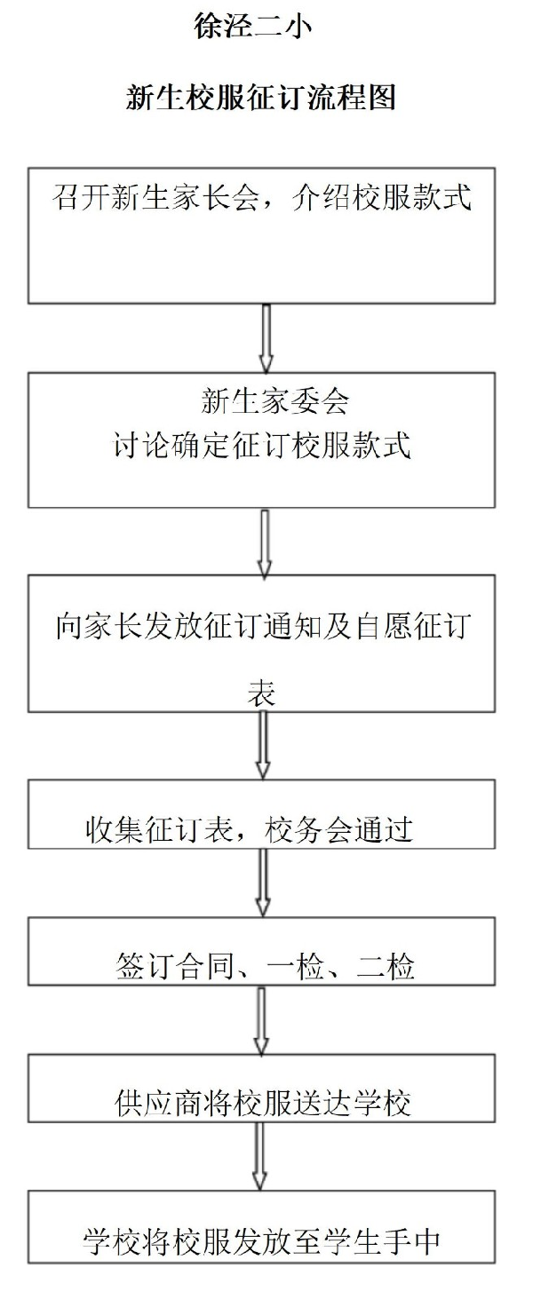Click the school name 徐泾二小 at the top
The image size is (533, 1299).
(253, 27)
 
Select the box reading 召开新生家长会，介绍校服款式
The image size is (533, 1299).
(261, 235)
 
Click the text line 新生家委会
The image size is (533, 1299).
(274, 401)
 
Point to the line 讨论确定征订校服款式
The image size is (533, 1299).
(262, 446)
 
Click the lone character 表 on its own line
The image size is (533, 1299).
(261, 693)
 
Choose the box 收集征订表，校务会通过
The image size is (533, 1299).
(261, 814)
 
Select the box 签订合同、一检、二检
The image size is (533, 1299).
(261, 951)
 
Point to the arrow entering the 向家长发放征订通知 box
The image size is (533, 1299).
(265, 544)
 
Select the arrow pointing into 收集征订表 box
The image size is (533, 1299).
(263, 746)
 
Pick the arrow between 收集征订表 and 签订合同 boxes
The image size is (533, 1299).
(263, 883)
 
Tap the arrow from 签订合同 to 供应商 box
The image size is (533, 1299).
(262, 1021)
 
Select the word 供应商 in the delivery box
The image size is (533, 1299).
(158, 1103)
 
